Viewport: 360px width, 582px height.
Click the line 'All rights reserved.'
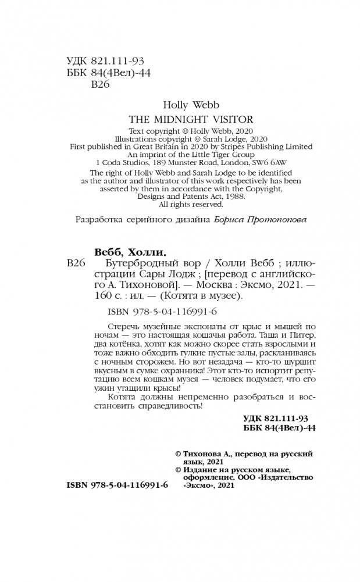tap(191, 204)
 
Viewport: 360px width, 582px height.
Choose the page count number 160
tap(102, 296)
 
